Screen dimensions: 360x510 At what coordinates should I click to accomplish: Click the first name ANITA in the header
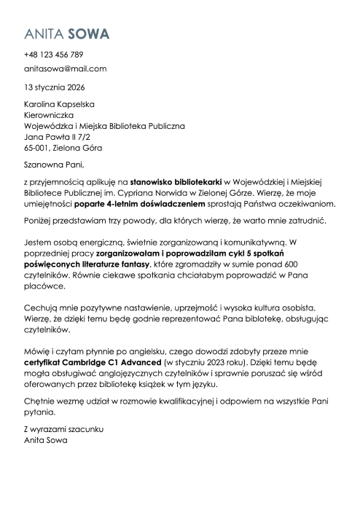click(x=43, y=34)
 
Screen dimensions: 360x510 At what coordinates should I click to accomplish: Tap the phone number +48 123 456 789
click(x=53, y=55)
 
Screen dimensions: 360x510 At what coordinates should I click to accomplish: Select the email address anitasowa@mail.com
click(x=65, y=68)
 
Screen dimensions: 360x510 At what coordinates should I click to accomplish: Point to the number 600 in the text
click(x=309, y=264)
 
